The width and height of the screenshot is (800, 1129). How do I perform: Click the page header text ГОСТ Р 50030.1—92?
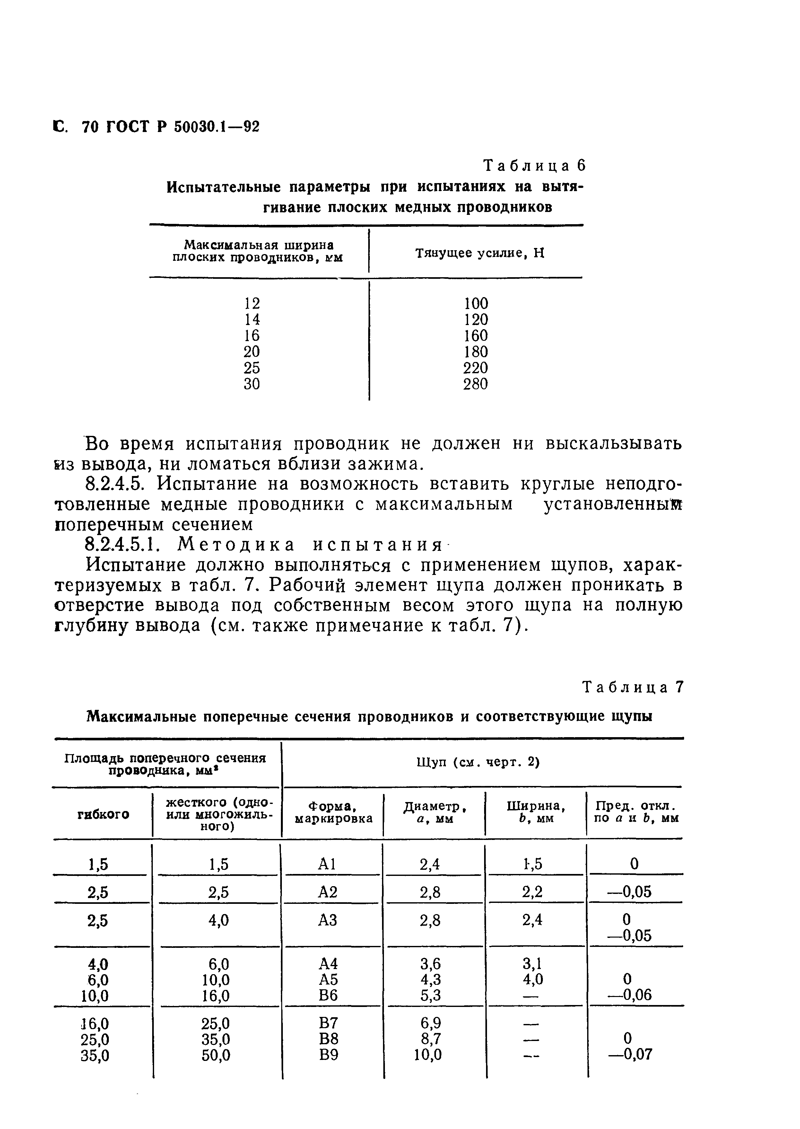click(x=182, y=127)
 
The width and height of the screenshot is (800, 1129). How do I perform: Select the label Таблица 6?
click(x=535, y=166)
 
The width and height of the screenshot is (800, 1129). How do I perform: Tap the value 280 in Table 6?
click(x=475, y=384)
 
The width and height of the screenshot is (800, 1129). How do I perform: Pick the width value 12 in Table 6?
click(x=252, y=303)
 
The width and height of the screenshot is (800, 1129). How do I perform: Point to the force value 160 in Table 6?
click(x=475, y=336)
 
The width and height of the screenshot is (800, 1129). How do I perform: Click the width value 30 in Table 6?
click(x=252, y=384)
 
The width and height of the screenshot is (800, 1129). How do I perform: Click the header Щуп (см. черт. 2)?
click(x=478, y=763)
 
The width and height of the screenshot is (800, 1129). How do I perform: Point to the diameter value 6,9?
click(x=430, y=1023)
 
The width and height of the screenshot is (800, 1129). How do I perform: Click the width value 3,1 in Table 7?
click(x=533, y=963)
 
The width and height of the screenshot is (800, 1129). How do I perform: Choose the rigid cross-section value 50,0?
click(x=216, y=1055)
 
